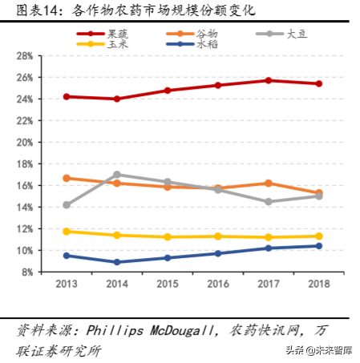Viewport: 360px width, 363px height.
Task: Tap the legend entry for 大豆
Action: tap(294, 34)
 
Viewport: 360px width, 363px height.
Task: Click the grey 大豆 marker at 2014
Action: tap(117, 175)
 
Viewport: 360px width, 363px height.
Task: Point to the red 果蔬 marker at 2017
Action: tap(269, 80)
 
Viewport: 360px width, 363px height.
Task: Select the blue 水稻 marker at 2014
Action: tap(117, 262)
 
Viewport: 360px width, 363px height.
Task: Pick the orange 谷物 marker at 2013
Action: tap(67, 178)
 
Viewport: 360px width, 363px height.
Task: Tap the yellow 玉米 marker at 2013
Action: tap(67, 232)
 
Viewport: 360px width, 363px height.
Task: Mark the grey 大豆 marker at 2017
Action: tap(269, 202)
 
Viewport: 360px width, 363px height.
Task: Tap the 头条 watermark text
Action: tap(285, 350)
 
